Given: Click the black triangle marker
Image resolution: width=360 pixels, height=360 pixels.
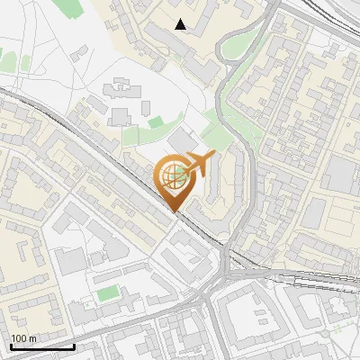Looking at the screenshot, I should [181, 24].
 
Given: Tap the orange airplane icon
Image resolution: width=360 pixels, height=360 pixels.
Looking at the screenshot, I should [199, 165].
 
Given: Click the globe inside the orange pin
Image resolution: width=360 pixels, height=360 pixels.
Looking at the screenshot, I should [175, 176].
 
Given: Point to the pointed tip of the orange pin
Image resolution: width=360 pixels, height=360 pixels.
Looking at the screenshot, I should [175, 211].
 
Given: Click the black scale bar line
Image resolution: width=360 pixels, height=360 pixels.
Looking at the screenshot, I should [42, 346].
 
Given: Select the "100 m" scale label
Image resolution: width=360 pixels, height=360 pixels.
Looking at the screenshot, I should [23, 338].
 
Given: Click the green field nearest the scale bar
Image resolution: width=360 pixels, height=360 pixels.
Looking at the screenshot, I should [108, 293].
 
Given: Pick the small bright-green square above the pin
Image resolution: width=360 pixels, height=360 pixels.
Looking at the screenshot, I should [156, 121].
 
